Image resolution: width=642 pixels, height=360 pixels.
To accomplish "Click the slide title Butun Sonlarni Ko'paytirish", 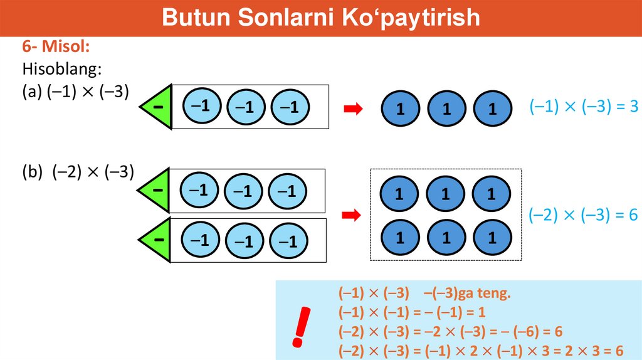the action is coord(320,18).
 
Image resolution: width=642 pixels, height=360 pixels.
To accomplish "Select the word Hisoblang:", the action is coord(62,68).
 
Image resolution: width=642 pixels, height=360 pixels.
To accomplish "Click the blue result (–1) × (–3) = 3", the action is coord(583,107).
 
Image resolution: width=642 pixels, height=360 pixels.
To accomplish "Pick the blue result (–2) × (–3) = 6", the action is coord(583,215).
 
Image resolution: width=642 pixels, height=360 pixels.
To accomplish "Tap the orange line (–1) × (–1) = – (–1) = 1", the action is coord(412,312).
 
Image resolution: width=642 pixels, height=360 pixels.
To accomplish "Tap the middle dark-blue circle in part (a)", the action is coord(446,109).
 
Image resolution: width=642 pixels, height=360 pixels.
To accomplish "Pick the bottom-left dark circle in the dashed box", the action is coord(399,238).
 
